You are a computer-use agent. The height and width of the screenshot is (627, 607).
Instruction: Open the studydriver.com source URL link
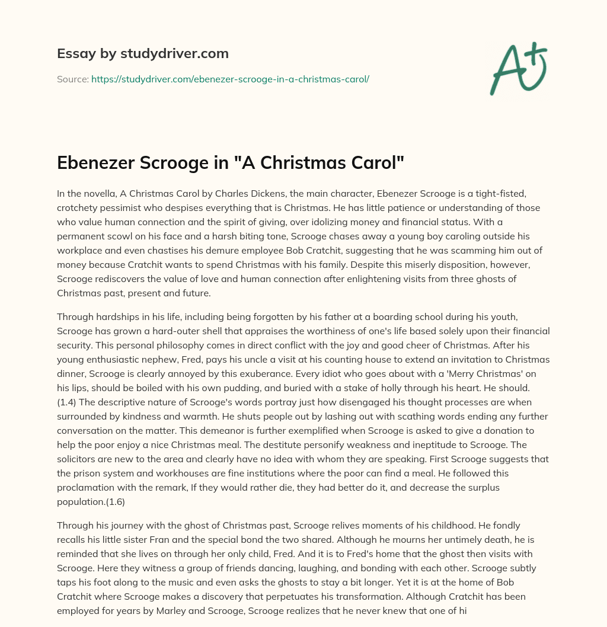[230, 79]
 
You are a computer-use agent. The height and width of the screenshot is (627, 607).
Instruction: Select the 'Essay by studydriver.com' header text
[143, 53]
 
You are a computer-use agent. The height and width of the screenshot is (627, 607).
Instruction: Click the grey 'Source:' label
[72, 79]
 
